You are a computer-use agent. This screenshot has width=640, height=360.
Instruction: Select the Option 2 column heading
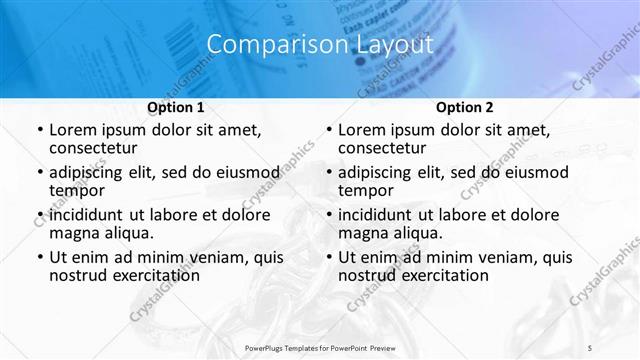tap(464, 106)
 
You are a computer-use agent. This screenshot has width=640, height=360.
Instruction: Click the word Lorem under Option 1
tap(72, 130)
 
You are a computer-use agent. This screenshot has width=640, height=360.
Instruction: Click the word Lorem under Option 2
tap(361, 130)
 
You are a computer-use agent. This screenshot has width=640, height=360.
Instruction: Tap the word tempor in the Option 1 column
tap(77, 191)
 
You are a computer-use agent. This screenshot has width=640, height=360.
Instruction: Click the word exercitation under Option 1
tap(151, 276)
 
